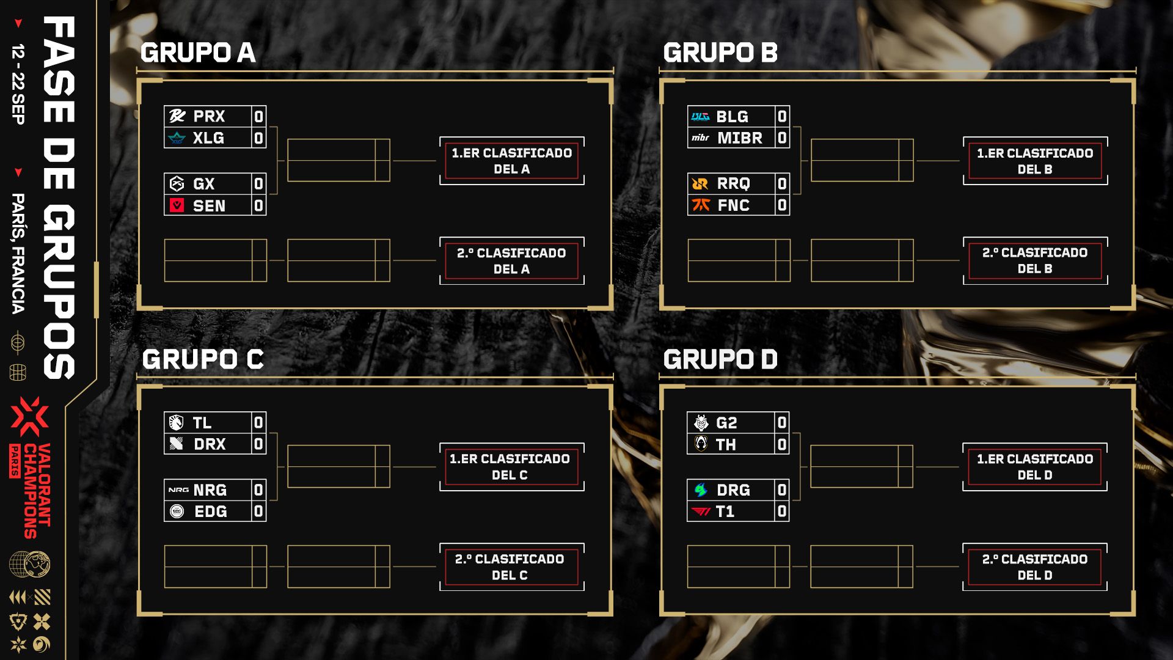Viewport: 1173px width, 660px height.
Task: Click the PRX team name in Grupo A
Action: point(209,116)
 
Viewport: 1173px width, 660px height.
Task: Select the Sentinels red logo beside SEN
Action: point(177,205)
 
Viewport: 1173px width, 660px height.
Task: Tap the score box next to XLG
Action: point(259,138)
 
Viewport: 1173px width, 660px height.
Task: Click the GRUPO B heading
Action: point(720,53)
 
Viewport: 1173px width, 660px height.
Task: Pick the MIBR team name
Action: point(740,138)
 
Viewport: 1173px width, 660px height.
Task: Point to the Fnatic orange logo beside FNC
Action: point(701,205)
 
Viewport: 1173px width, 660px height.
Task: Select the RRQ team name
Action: point(733,183)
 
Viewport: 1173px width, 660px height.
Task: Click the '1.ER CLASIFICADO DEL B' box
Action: point(1035,161)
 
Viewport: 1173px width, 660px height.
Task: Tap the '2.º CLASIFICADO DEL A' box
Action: point(512,261)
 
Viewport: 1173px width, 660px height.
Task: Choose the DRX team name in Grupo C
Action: point(210,444)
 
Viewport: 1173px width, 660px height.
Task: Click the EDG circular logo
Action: point(177,512)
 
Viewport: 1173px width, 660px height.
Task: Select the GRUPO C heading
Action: point(203,359)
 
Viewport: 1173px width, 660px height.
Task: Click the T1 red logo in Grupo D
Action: point(701,512)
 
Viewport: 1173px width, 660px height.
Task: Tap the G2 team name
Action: point(726,423)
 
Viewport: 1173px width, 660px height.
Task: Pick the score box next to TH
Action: point(782,445)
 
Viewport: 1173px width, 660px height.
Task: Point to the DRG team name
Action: point(733,490)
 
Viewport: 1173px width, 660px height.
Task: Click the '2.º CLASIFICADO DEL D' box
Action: point(1035,567)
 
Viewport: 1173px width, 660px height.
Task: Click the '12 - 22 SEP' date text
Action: point(18,84)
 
